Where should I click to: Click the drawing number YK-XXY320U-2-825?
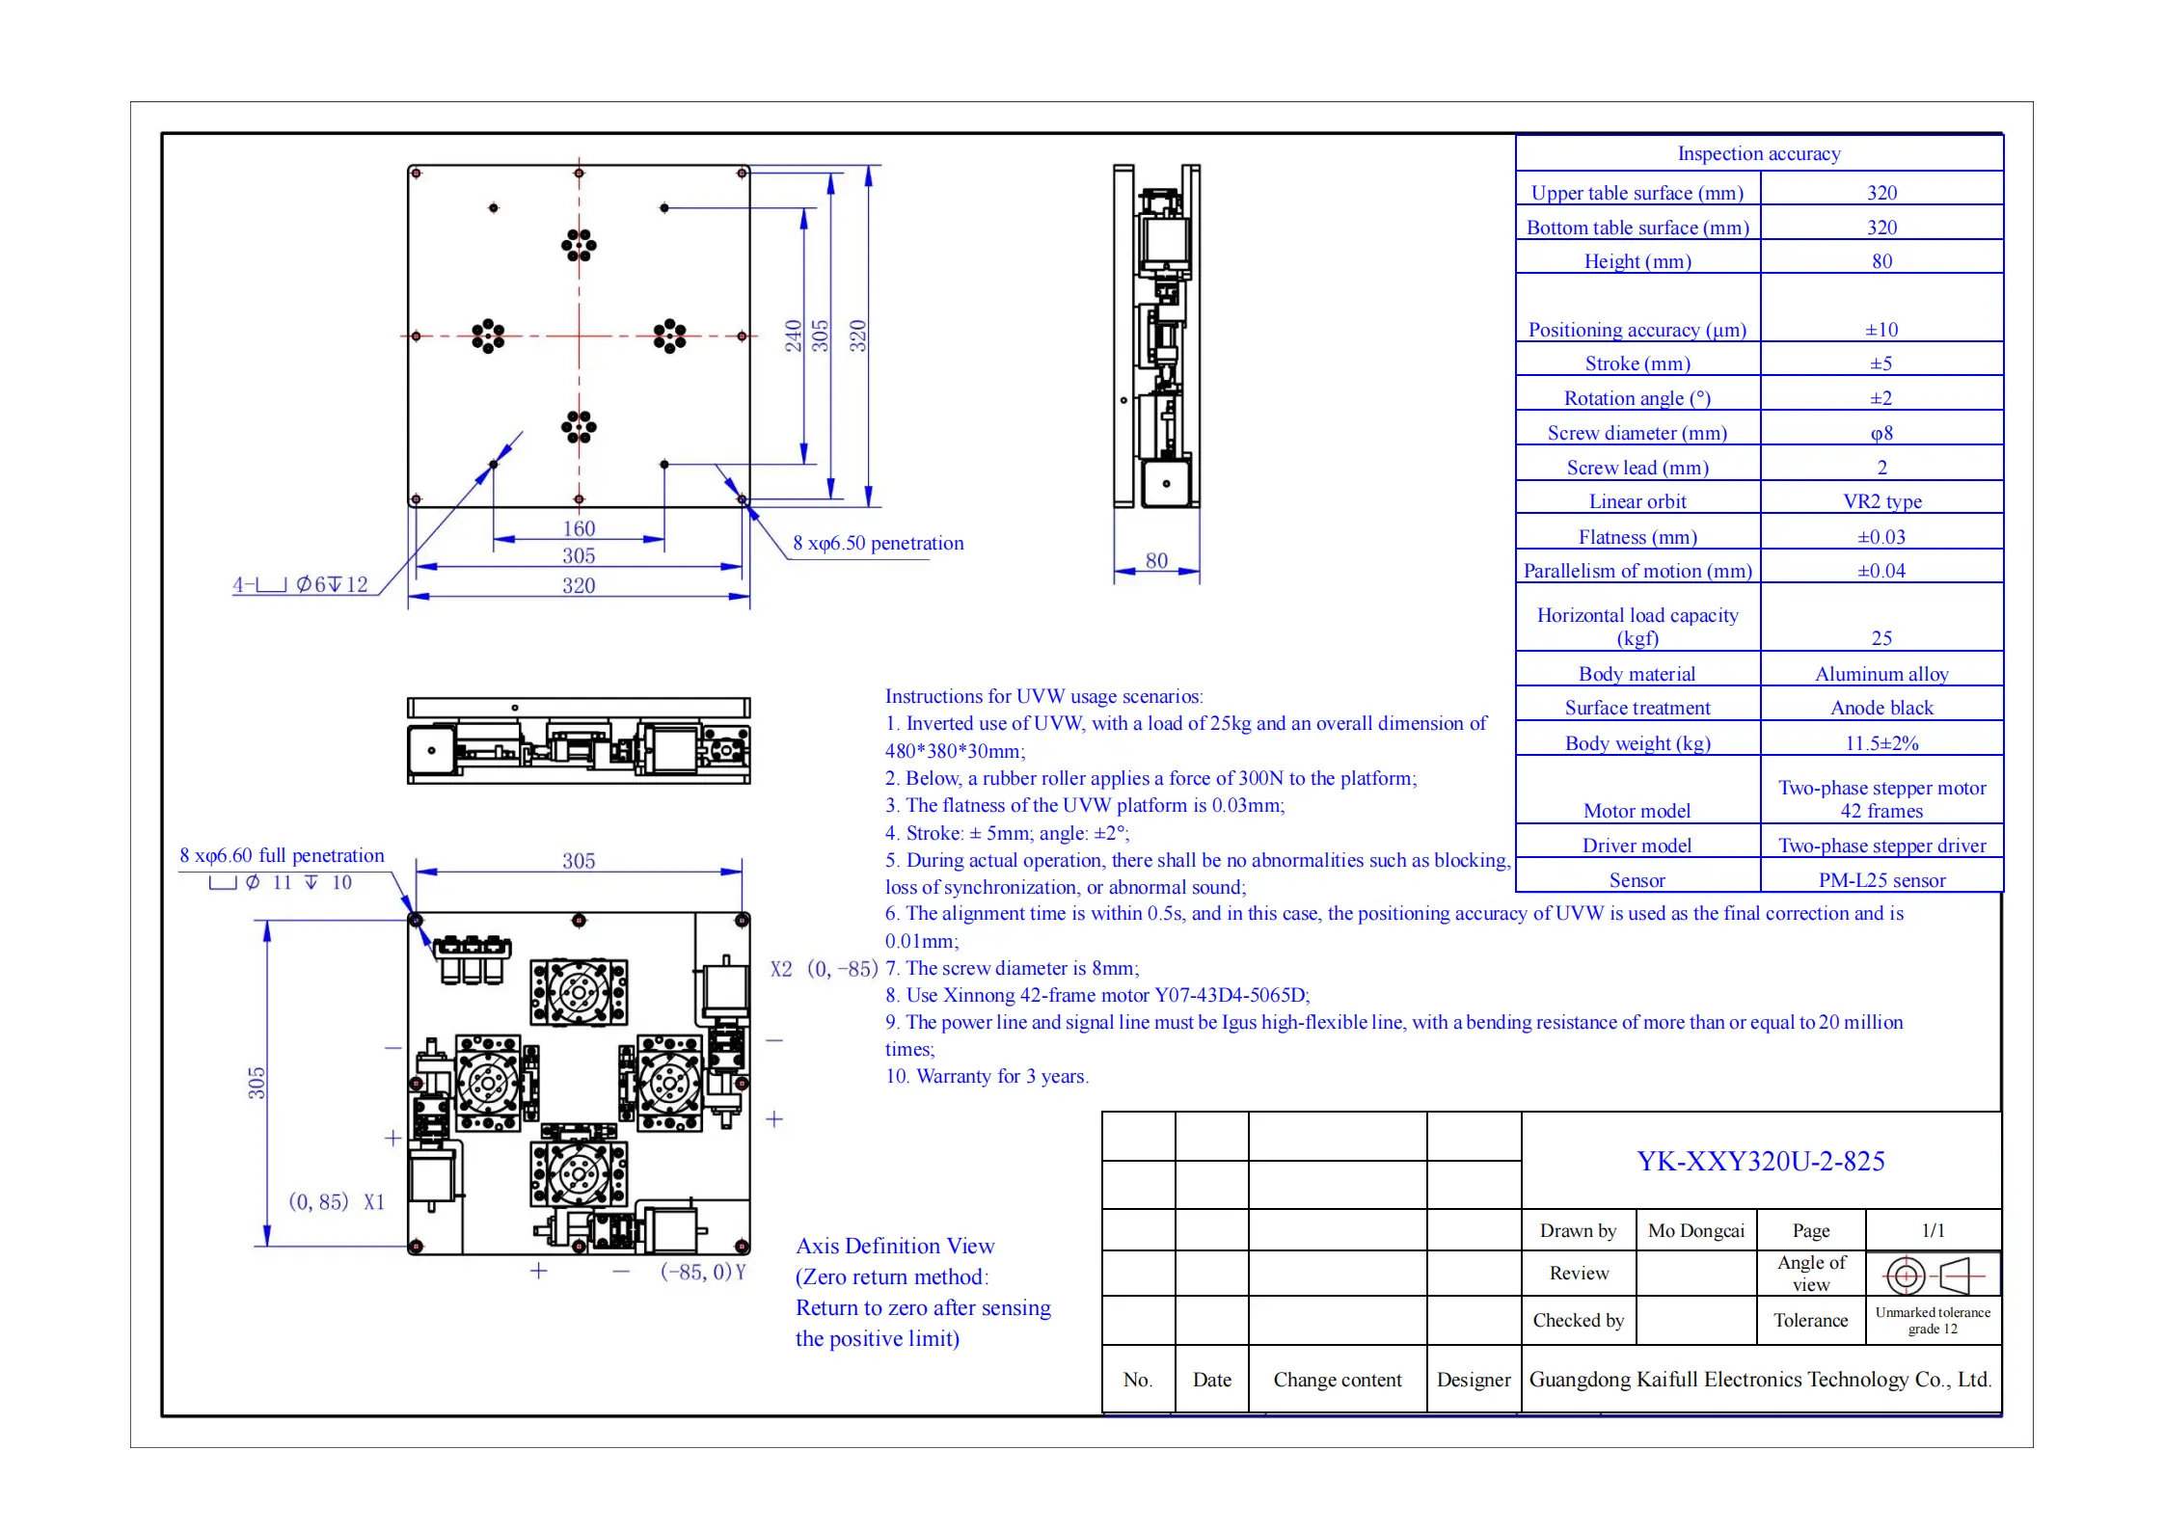[1760, 1161]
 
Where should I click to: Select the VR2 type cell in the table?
[1881, 501]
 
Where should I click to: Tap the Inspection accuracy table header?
[1758, 153]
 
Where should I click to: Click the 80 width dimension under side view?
[1156, 560]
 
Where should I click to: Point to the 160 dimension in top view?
[579, 528]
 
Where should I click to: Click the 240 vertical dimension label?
[793, 336]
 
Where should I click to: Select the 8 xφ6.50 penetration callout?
[878, 543]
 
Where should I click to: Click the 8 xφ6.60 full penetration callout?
[282, 855]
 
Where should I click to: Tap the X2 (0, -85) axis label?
[824, 969]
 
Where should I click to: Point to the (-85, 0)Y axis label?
[703, 1272]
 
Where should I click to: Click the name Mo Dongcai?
[1695, 1230]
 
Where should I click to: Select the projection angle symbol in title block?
[1933, 1275]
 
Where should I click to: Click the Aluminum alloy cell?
[1881, 674]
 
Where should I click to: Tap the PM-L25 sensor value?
[1881, 880]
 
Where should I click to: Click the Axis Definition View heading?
[895, 1246]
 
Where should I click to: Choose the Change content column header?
[1337, 1380]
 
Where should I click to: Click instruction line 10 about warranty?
[987, 1076]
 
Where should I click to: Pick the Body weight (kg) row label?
[1637, 743]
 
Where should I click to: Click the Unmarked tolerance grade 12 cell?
[1933, 1320]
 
